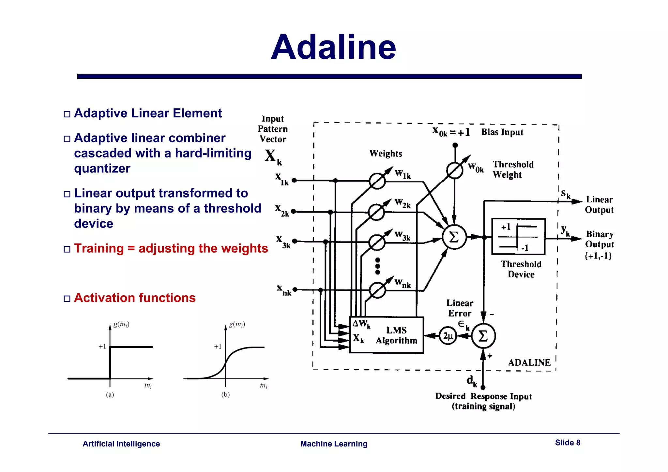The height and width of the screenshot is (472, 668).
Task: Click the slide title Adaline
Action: click(333, 48)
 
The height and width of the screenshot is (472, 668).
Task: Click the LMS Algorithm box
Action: click(387, 335)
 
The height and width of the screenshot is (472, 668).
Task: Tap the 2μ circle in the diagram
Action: click(448, 335)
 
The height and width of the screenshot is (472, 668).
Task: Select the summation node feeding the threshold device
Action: click(454, 237)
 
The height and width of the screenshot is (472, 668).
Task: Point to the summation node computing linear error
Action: click(483, 336)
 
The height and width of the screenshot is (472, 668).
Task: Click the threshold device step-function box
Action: click(518, 237)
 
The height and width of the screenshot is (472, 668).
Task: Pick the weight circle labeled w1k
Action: click(377, 181)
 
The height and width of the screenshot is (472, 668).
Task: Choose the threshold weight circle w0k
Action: click(455, 170)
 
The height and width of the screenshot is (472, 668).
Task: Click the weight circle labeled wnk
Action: click(377, 290)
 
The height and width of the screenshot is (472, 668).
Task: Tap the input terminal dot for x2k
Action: click(294, 212)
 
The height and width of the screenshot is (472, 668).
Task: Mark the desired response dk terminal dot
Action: click(483, 388)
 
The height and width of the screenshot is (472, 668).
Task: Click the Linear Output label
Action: click(599, 205)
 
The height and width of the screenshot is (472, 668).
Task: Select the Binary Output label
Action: click(600, 239)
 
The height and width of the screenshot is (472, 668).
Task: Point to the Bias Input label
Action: click(502, 132)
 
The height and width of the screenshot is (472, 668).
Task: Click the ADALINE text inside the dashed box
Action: click(529, 362)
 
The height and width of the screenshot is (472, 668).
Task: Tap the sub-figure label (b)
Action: click(225, 395)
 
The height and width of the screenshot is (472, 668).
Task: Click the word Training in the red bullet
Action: click(99, 248)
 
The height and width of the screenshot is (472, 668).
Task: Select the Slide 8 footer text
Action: click(568, 443)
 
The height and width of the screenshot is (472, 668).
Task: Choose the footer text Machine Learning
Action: click(334, 444)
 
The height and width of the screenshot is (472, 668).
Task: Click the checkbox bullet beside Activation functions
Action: click(67, 299)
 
